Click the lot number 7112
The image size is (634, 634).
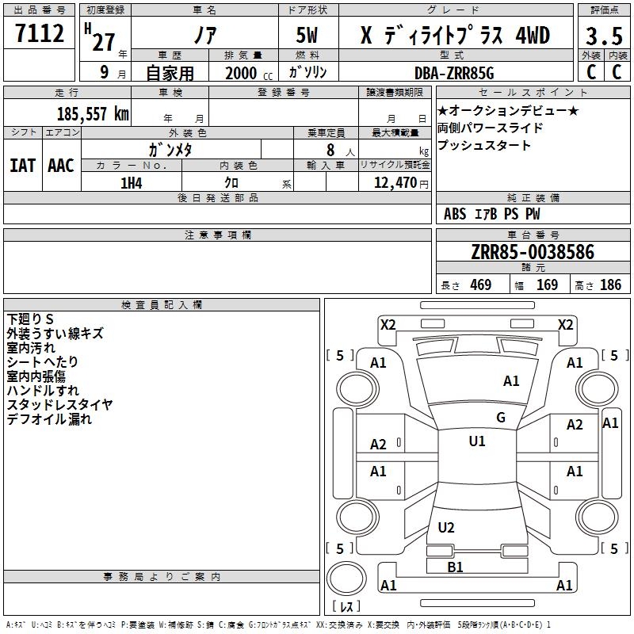[x=40, y=33]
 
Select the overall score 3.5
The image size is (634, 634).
[x=604, y=36]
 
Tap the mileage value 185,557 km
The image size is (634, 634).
[x=93, y=113]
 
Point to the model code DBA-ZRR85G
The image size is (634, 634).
[x=454, y=73]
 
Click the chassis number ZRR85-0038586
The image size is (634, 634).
[x=533, y=252]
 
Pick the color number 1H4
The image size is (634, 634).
[x=132, y=183]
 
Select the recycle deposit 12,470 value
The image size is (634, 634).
[x=395, y=183]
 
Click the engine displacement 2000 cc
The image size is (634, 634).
[x=249, y=73]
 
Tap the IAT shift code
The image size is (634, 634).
[x=23, y=166]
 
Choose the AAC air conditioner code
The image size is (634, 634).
[x=61, y=166]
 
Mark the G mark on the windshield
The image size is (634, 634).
[x=501, y=418]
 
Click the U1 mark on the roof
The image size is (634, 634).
[x=477, y=441]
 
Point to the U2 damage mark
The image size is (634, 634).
[x=446, y=527]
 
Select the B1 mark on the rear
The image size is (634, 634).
[x=455, y=567]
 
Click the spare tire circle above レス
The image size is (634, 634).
[x=346, y=579]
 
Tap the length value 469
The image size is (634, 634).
[x=481, y=285]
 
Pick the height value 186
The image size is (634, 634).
[x=610, y=285]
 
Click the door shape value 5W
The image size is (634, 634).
[x=307, y=35]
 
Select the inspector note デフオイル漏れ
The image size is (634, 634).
[x=49, y=419]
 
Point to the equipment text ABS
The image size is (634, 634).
[x=455, y=214]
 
